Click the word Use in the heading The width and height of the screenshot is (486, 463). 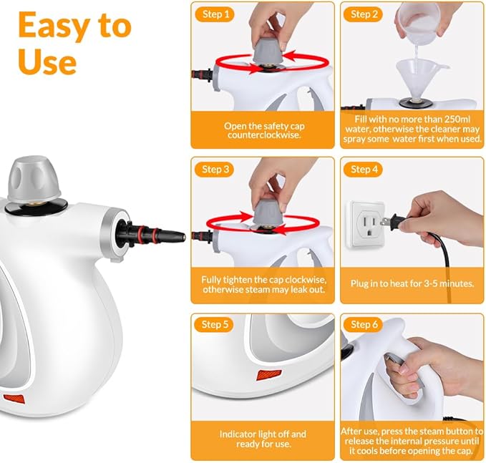tap(47, 62)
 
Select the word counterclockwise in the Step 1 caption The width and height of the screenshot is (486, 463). tap(262, 135)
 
